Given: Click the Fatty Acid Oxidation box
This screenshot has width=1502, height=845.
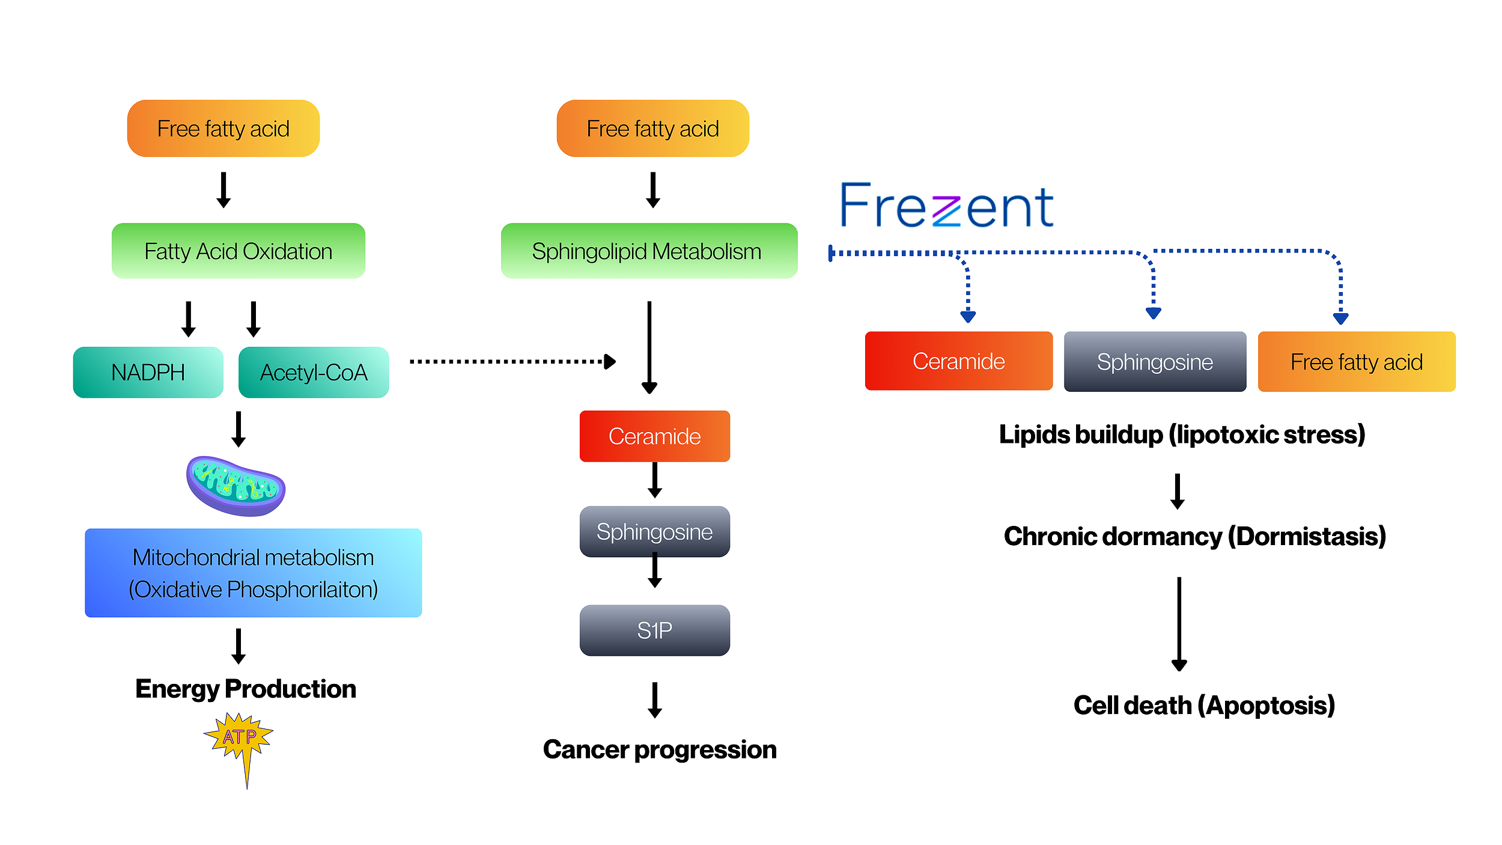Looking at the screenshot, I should coord(238,251).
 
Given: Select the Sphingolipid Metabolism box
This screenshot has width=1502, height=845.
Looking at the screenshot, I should coord(649,251).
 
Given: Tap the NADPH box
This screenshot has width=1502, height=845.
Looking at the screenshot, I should coord(148,372).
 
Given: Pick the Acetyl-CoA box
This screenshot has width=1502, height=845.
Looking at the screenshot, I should coord(313,372).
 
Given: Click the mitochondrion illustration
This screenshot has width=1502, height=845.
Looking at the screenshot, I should coord(236,486).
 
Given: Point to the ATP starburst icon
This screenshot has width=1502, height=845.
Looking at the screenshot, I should coord(239,738).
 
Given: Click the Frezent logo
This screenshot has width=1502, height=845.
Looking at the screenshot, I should coord(946,206).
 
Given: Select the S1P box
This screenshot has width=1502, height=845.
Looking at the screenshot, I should coord(654,630).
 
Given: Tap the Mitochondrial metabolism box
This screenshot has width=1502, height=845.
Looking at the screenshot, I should coord(253,573).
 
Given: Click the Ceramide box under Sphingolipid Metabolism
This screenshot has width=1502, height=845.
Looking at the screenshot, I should coord(654,436).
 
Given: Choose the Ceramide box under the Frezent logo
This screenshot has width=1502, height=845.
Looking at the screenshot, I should coord(958,361).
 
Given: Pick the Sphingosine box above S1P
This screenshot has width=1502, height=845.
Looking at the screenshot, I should coord(654,531).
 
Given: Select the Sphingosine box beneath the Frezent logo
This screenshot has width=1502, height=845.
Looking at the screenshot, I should coord(1154,361).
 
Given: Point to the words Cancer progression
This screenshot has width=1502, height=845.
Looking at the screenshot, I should coord(660,749).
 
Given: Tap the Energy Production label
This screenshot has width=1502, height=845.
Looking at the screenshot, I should coord(245,689).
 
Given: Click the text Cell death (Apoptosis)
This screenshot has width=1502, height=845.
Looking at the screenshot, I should coord(1204,705).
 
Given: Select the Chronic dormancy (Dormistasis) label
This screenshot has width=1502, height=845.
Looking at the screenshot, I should coord(1194,536).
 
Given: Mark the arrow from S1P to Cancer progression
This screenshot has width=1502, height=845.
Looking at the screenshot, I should coord(655,700).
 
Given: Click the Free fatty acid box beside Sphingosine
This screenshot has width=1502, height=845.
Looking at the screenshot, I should coord(1356,361).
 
